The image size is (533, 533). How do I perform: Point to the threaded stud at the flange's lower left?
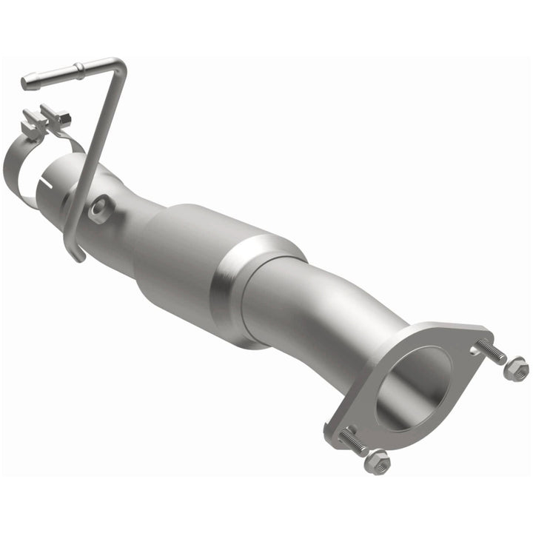(353, 443)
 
